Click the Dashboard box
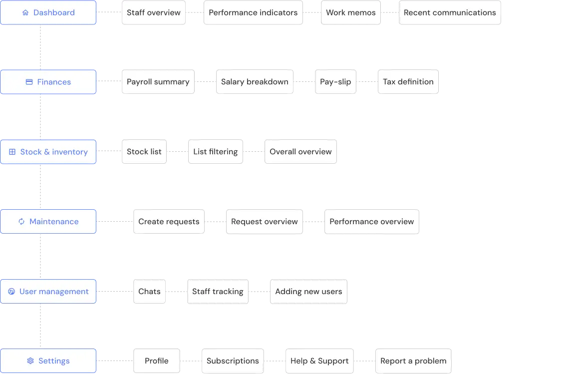pos(48,12)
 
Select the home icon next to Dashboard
pos(25,12)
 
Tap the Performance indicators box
pos(253,13)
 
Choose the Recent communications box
pos(450,13)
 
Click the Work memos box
pos(350,13)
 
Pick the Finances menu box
pos(48,82)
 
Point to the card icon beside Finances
pos(29,82)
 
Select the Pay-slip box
pos(335,82)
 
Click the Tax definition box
pos(408,82)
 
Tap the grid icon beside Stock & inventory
pos(12,152)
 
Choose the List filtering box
pos(215,152)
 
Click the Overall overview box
pos(300,152)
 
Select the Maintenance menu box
pos(48,222)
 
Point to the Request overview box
pos(264,222)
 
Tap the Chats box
pos(149,292)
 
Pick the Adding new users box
pos(308,292)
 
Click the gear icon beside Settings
pos(30,361)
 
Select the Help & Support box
pos(319,361)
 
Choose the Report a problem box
pos(413,361)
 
